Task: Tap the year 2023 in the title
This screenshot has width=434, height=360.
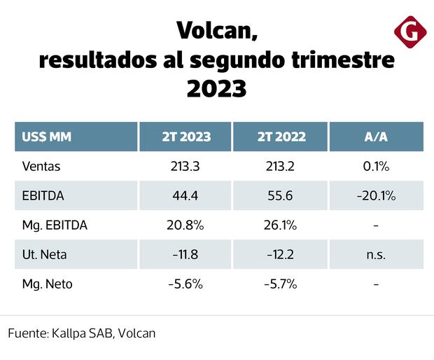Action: click(216, 88)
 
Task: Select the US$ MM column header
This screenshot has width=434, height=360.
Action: click(47, 137)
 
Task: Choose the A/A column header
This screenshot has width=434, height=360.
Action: click(376, 137)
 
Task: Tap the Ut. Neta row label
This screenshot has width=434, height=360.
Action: click(44, 255)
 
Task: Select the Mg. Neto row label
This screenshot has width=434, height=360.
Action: click(48, 284)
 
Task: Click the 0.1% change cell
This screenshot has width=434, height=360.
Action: click(376, 167)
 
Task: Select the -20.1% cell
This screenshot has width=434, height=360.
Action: click(376, 196)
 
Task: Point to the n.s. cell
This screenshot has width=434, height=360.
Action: click(376, 255)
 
